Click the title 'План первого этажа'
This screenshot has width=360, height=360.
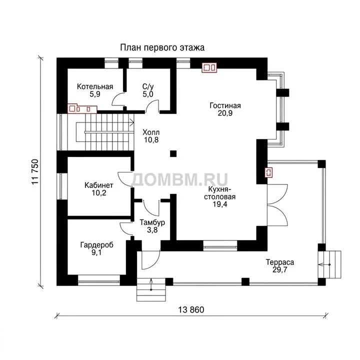(162, 48)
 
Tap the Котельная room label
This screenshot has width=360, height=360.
(95, 86)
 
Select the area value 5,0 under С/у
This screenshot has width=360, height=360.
(148, 94)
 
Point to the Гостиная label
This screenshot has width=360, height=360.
(225, 105)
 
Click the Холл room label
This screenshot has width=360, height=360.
(151, 132)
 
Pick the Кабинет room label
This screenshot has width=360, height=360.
(98, 185)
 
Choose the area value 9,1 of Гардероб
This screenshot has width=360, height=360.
(96, 253)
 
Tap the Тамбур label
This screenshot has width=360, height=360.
(152, 222)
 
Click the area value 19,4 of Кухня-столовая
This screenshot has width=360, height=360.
(219, 204)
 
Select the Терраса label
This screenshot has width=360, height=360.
(280, 262)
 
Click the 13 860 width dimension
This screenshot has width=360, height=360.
(191, 310)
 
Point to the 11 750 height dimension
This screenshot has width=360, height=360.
(35, 171)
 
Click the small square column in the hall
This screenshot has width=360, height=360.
(173, 153)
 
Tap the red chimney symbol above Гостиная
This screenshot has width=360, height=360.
(209, 67)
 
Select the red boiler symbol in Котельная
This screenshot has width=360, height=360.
(82, 108)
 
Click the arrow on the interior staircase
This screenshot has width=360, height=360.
(131, 122)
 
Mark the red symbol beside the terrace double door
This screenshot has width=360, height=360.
(269, 172)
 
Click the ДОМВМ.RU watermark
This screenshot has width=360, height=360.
(180, 180)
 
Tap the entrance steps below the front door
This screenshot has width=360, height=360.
(151, 289)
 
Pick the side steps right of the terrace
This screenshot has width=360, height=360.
(329, 264)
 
